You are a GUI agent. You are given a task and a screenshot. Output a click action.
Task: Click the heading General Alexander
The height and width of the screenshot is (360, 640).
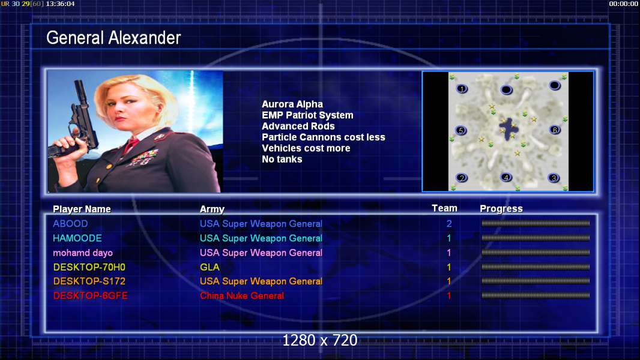click(113, 38)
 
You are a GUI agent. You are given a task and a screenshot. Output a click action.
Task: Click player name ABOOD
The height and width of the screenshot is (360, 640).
click(70, 223)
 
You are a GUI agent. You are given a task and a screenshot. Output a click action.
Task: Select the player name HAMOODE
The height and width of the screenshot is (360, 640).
click(77, 238)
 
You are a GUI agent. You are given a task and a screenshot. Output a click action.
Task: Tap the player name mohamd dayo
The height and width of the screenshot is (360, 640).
click(82, 253)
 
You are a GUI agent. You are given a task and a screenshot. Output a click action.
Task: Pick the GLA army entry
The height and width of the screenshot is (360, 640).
click(210, 267)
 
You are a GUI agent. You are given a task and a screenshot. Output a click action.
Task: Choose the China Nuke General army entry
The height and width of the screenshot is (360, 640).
click(241, 296)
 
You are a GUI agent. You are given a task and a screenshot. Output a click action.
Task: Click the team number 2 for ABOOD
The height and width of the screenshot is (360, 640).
click(449, 223)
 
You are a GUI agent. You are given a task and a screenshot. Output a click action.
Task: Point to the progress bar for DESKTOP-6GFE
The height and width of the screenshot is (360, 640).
click(536, 295)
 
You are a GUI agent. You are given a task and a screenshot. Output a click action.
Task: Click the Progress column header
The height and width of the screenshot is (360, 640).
click(501, 209)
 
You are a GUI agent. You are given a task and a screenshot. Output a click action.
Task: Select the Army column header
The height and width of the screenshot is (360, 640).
click(212, 209)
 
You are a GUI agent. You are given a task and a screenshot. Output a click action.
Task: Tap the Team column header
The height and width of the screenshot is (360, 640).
click(444, 208)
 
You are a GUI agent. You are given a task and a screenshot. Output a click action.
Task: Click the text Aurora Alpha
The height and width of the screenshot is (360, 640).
click(292, 104)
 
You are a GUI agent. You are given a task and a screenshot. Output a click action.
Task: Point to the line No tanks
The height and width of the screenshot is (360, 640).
click(282, 160)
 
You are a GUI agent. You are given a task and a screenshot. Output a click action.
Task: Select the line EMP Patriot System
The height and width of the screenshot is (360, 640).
click(307, 115)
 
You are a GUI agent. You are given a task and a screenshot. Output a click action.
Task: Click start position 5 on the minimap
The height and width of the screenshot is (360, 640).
click(461, 130)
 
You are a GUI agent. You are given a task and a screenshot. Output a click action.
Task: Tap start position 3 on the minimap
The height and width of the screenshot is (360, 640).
click(554, 178)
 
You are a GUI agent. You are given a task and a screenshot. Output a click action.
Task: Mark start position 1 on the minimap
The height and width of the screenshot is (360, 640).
click(462, 88)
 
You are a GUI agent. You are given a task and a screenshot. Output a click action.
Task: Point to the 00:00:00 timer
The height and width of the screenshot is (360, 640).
click(623, 4)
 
